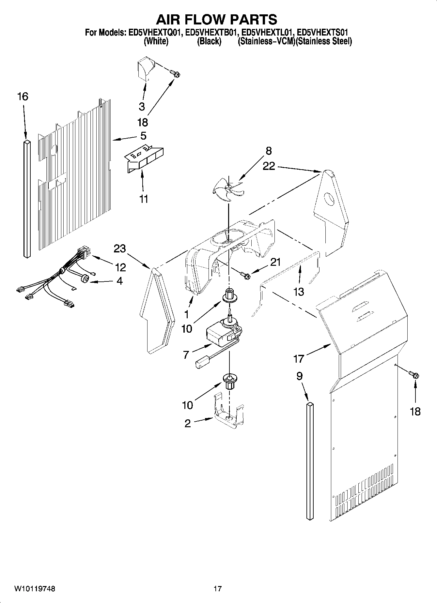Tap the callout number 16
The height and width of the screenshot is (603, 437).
point(23,97)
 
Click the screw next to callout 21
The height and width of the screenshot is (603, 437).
point(245,276)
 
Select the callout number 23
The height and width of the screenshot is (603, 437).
point(120,249)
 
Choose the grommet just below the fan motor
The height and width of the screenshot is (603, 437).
point(229,380)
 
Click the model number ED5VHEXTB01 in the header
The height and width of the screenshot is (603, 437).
point(211,33)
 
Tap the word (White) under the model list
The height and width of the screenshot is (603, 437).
point(156,41)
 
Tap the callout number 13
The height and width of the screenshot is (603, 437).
point(299,292)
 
